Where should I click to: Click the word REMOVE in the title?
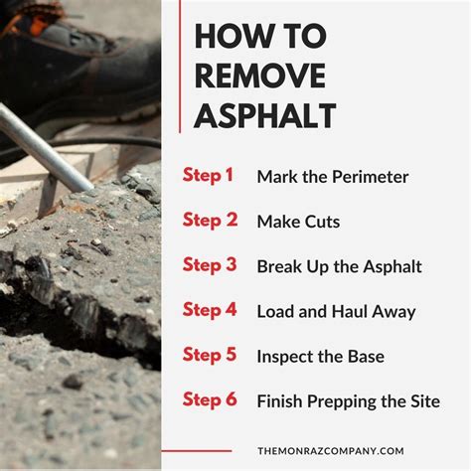260,76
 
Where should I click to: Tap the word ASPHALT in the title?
265,115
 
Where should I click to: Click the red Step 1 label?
208,176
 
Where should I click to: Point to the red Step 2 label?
210,221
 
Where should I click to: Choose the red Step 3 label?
210,265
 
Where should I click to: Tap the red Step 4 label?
210,310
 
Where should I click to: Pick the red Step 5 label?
210,355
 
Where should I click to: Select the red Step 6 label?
210,399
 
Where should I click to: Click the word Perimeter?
370,177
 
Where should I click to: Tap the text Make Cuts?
298,222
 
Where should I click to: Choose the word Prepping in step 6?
342,402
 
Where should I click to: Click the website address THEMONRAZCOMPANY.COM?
331,451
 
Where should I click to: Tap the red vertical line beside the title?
180,67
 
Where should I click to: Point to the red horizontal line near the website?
197,451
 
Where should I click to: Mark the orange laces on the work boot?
30,17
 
